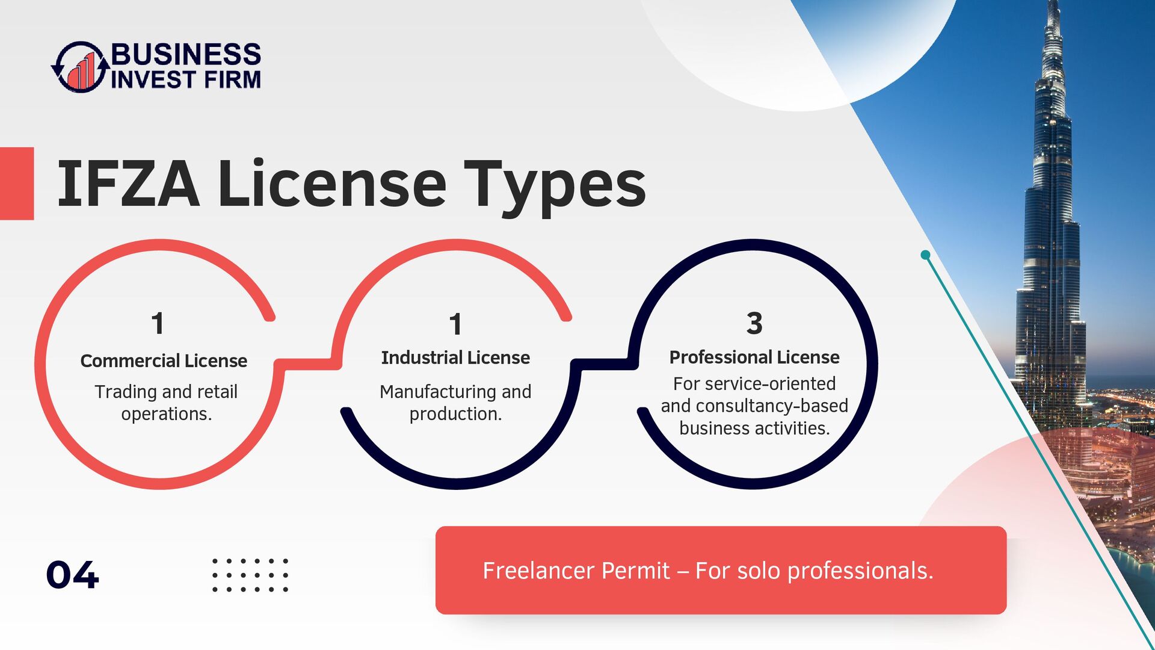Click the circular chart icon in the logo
[x=81, y=67]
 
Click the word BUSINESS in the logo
[x=186, y=54]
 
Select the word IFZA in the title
[x=128, y=184]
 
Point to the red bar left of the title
[x=17, y=184]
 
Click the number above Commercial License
[x=158, y=323]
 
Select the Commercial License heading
[x=164, y=361]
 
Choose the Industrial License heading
[x=455, y=357]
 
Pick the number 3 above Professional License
[x=754, y=323]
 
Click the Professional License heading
[x=754, y=357]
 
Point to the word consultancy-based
[x=772, y=406]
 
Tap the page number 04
[x=72, y=575]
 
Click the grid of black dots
[x=250, y=575]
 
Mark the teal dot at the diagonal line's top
[x=926, y=255]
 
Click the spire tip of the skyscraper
[x=1052, y=2]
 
